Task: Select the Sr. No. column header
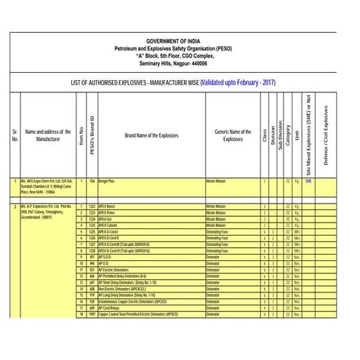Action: (15, 136)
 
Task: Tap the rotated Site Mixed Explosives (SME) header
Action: (308, 136)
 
